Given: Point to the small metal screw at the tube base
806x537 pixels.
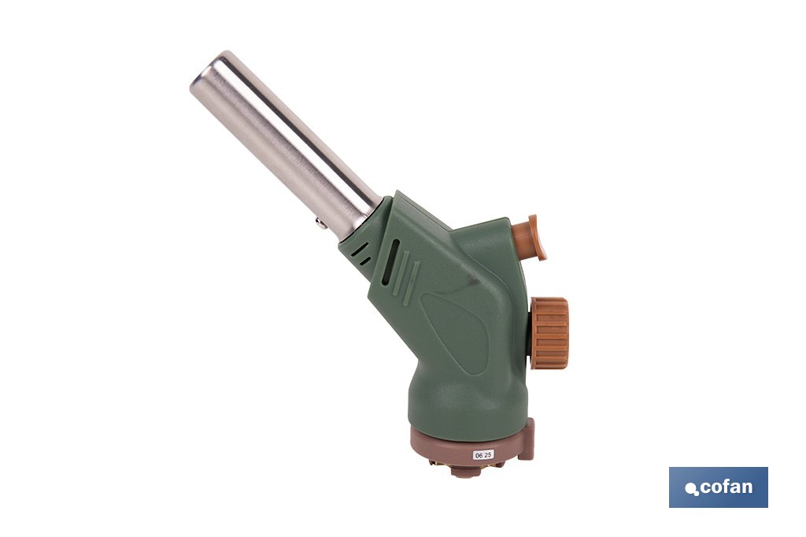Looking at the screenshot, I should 321,224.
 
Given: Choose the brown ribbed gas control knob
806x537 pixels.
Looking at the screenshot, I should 549,332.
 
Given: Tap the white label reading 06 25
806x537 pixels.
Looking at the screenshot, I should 482,455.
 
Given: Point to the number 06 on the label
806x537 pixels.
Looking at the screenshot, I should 478,455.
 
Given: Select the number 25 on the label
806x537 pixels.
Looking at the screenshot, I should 488,455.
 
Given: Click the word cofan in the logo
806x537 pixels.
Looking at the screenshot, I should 726,487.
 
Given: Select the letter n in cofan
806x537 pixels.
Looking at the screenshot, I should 746,488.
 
